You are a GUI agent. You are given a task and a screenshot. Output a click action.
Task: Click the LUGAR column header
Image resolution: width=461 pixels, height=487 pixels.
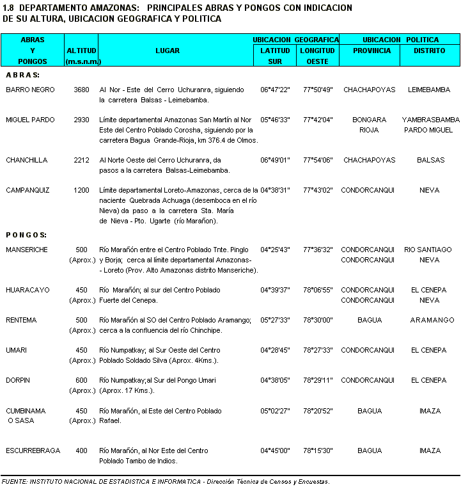pos(168,51)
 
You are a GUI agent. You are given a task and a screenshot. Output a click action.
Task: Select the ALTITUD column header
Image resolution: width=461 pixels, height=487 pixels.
pos(81,51)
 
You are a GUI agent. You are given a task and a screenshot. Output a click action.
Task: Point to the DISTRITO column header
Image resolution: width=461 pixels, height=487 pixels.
pos(429,51)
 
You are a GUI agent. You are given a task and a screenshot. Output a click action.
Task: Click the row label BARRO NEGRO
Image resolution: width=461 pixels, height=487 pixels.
pos(30,90)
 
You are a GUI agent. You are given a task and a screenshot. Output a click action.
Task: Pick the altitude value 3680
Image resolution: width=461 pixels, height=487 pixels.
pos(81,90)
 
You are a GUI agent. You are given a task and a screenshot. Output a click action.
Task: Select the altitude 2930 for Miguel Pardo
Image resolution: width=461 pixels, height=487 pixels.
pos(81,120)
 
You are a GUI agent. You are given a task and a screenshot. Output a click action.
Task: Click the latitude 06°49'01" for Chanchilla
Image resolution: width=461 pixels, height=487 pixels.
pos(275,161)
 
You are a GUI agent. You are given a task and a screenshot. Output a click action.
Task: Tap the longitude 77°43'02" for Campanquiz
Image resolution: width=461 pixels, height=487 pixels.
pos(317,191)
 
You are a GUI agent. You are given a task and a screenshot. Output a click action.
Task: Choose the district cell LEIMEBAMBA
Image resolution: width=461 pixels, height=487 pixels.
pos(429,90)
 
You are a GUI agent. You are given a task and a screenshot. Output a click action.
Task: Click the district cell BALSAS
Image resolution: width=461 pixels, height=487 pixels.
pos(429,161)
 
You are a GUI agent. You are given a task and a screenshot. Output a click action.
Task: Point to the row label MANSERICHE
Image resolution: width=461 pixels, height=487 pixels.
pos(27,250)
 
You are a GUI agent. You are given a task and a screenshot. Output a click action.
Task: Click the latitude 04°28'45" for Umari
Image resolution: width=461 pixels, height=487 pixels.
pos(275,351)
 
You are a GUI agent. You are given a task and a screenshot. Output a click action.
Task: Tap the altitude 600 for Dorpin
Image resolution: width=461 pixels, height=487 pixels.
pos(81,381)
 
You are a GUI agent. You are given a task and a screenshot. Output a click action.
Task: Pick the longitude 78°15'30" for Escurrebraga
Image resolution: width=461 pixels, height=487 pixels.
pos(317,451)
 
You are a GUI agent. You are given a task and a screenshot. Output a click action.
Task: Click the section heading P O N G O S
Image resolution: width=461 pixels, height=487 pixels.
pos(26,235)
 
